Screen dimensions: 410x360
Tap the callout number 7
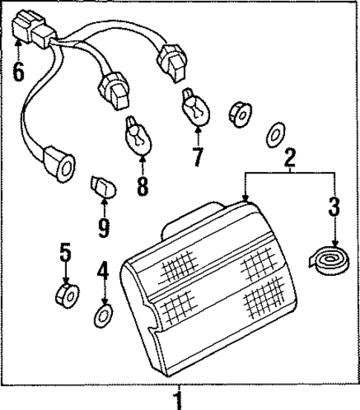point(197,157)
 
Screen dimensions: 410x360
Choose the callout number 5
point(65,254)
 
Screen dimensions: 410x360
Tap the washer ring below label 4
point(103,316)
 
